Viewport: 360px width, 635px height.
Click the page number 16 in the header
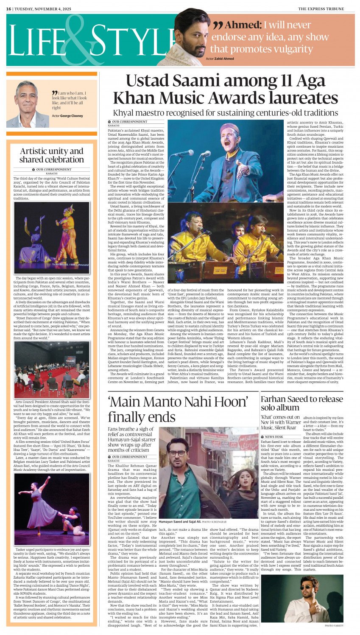pyautogui.click(x=8, y=9)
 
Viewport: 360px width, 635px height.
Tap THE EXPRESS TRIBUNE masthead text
pyautogui.click(x=327, y=9)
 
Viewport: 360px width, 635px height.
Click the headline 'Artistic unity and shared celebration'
pyautogui.click(x=51, y=156)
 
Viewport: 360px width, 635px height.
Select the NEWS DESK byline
pyautogui.click(x=273, y=436)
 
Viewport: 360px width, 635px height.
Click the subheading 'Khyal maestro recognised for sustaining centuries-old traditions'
pyautogui.click(x=225, y=113)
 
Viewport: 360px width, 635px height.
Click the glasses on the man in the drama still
pyautogui.click(x=178, y=453)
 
